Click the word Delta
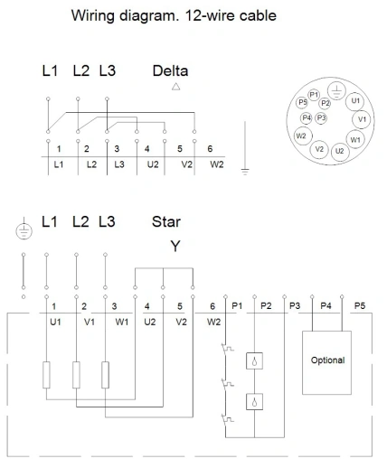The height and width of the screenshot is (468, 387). click(x=170, y=71)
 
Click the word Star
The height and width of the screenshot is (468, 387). click(x=166, y=222)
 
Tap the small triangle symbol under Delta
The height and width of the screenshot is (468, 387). click(x=176, y=87)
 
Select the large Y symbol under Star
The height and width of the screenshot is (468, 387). click(x=175, y=246)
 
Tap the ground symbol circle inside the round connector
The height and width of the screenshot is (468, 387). click(x=336, y=90)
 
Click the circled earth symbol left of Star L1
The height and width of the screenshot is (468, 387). click(x=24, y=231)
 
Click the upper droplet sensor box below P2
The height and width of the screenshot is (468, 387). click(x=254, y=360)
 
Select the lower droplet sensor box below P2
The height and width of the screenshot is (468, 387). click(x=254, y=401)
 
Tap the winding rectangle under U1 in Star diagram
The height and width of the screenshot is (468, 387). click(x=46, y=375)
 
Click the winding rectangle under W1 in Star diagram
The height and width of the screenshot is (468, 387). click(x=105, y=375)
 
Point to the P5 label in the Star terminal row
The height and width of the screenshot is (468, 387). click(x=360, y=306)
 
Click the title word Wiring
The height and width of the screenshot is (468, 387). click(x=92, y=15)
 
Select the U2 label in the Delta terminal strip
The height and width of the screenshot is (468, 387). click(x=153, y=164)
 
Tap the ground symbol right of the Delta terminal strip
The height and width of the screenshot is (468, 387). click(x=245, y=148)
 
